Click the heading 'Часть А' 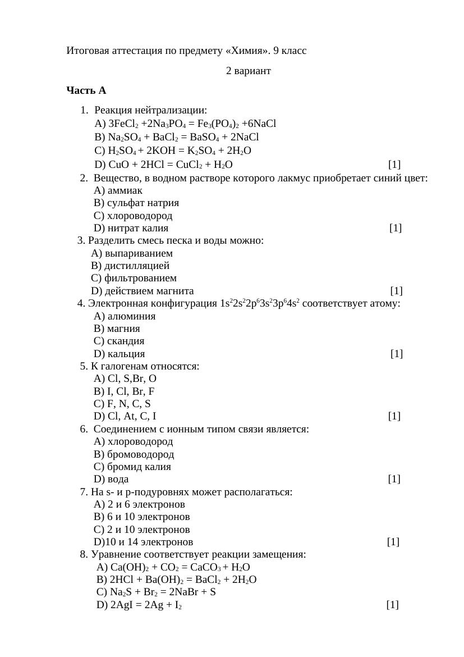(x=86, y=90)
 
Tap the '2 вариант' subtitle (x=248, y=71)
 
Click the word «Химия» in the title (x=246, y=51)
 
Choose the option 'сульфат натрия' (x=143, y=203)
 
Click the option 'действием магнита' (x=149, y=291)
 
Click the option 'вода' (x=118, y=479)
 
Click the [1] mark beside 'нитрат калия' (x=396, y=228)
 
